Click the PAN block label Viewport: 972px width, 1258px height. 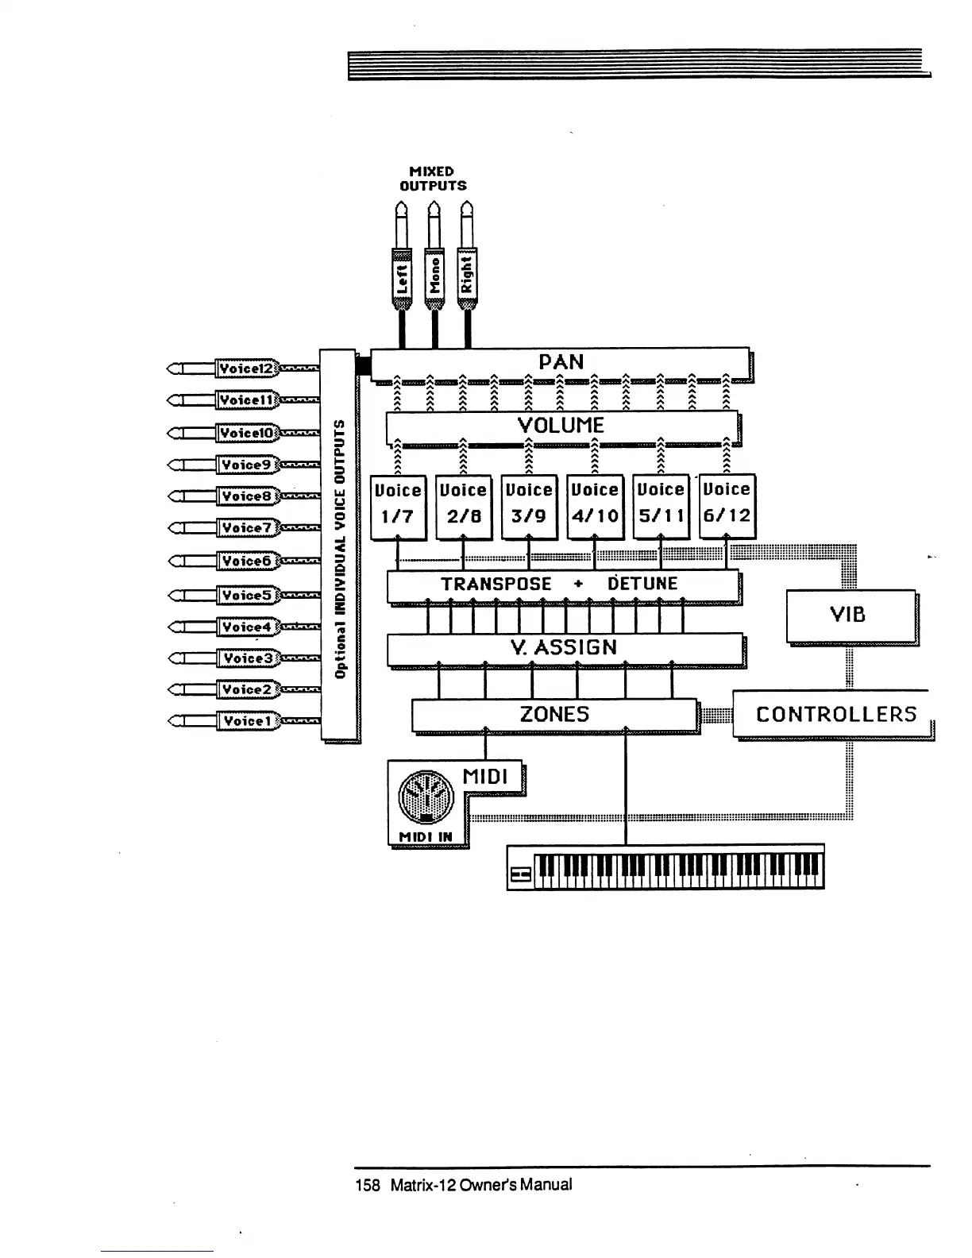561,362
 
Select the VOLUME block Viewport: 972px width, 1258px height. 561,426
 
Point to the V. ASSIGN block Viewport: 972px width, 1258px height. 564,648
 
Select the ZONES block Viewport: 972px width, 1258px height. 554,714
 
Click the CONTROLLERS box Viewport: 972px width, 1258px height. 835,714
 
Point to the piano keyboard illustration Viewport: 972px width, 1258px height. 665,867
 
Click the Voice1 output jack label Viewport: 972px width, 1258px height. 246,721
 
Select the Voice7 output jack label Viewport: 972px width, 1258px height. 246,528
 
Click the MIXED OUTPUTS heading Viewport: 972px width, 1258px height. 432,179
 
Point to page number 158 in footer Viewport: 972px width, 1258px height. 368,1185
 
